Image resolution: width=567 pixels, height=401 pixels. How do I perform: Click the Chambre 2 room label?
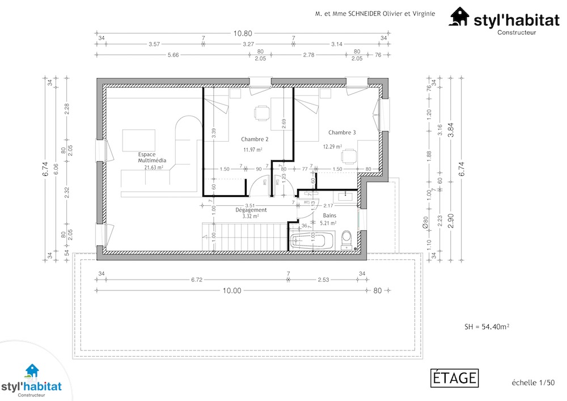point(255,139)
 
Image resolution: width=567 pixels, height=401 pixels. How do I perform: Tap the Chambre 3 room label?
point(342,133)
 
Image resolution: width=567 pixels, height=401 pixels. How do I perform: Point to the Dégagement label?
point(251,210)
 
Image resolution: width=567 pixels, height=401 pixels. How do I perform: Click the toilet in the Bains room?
point(347,239)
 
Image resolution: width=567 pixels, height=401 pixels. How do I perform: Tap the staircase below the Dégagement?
point(244,235)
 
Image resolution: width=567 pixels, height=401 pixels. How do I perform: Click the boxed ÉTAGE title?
point(455,378)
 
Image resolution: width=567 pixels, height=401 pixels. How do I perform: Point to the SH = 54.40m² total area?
point(486,327)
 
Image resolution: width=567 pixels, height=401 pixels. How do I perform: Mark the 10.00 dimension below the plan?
point(231,290)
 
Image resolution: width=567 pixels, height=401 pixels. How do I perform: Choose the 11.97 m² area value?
point(252,150)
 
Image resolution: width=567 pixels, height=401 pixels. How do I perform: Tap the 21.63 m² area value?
point(154,167)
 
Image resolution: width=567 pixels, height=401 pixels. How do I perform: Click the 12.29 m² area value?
point(332,146)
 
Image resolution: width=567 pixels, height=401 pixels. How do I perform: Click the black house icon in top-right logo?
point(460,17)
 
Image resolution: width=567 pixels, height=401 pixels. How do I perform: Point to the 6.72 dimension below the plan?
point(197,280)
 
